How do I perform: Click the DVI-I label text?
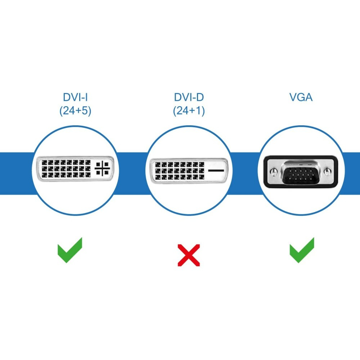(x=75, y=97)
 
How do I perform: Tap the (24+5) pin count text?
(x=75, y=111)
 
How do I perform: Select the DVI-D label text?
(x=189, y=97)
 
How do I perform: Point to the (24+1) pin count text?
(x=189, y=111)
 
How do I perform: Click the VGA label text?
(x=301, y=97)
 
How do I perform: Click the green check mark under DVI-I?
(x=70, y=250)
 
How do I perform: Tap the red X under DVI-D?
(x=189, y=255)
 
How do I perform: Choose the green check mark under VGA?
(x=302, y=250)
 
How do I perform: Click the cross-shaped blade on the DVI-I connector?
(x=102, y=168)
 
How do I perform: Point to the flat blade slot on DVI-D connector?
(x=216, y=171)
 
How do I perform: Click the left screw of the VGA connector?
(x=273, y=171)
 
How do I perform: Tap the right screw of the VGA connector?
(x=328, y=171)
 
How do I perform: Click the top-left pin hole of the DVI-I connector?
(x=45, y=163)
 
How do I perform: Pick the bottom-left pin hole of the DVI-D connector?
(x=158, y=177)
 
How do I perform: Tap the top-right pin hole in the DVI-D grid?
(x=201, y=165)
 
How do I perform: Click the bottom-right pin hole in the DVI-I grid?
(x=88, y=175)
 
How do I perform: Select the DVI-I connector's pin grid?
(x=66, y=169)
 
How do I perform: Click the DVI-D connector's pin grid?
(x=180, y=171)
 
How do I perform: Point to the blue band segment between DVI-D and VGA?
(x=245, y=174)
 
